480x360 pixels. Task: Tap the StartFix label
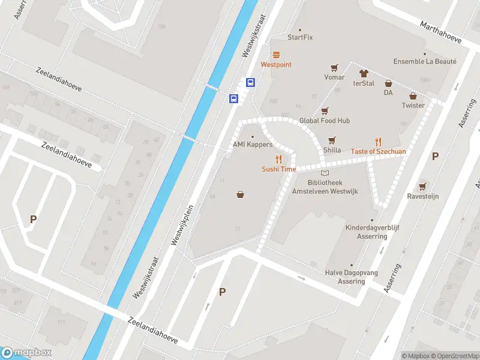coord(300,37)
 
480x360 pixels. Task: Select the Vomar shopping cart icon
coord(334,67)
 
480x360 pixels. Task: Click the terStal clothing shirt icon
coord(364,73)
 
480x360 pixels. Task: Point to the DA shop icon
coord(388,83)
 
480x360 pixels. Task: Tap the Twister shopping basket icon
coord(413,95)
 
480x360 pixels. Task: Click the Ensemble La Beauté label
coord(425,61)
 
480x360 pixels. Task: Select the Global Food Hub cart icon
coord(325,110)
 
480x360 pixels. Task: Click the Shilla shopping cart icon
coord(332,140)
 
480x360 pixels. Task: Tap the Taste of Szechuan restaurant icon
coord(378,142)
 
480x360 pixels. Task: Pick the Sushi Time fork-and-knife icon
coord(278,159)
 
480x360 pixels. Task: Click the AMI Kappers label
coord(253,145)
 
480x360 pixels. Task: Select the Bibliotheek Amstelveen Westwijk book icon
coord(325,173)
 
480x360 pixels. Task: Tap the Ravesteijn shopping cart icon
coord(424,186)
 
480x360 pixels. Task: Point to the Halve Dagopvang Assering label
coord(352,277)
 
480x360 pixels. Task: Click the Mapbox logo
coord(26,353)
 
